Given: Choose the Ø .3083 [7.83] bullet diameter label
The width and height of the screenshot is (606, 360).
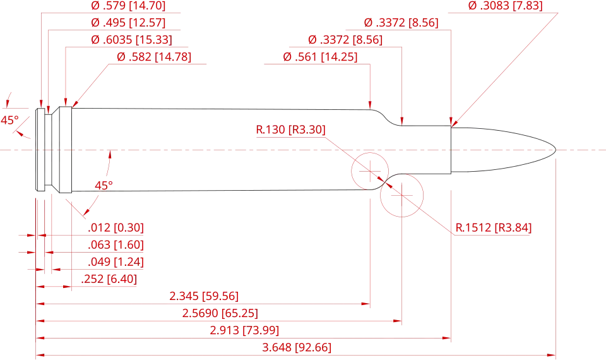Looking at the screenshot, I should pyautogui.click(x=504, y=6).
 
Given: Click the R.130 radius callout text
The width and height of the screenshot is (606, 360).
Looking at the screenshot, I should pyautogui.click(x=290, y=131).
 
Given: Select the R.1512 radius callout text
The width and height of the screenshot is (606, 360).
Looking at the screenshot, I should pyautogui.click(x=494, y=227).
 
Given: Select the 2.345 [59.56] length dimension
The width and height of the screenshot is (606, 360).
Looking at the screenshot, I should pyautogui.click(x=203, y=296).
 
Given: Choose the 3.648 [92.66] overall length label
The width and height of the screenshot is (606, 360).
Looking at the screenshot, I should pyautogui.click(x=297, y=347).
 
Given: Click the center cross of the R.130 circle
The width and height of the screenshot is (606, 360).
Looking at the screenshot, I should pyautogui.click(x=370, y=170).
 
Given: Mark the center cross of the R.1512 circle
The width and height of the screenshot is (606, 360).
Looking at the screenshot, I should pyautogui.click(x=401, y=195).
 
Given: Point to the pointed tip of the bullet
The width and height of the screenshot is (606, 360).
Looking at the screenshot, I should pyautogui.click(x=554, y=150).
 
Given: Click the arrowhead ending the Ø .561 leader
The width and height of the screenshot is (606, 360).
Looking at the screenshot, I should pyautogui.click(x=372, y=104).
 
